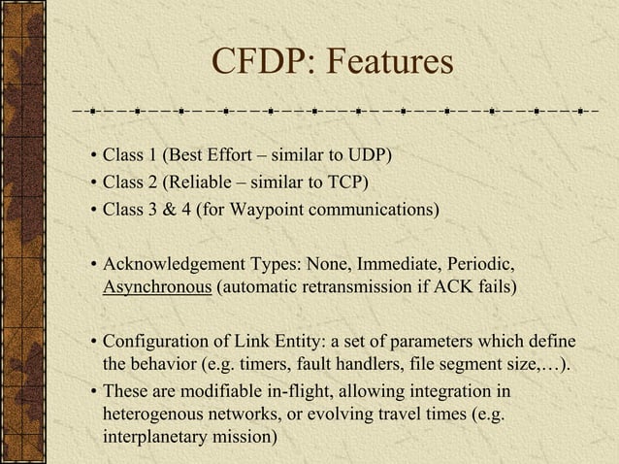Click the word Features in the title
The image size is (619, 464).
389,63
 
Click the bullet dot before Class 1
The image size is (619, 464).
91,157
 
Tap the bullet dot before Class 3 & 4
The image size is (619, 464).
91,210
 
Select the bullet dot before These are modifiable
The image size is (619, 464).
91,391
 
